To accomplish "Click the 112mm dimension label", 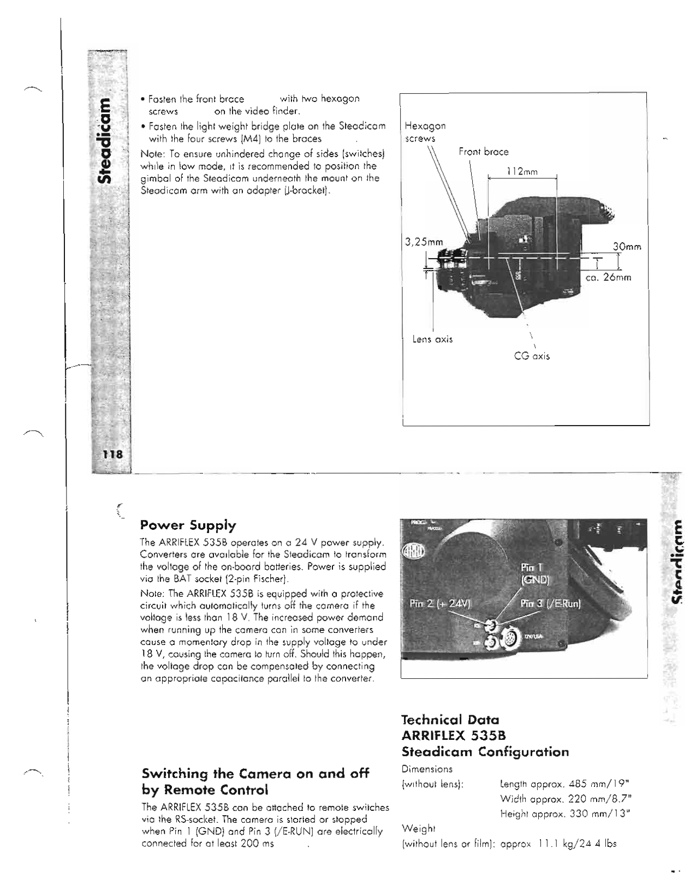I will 521,172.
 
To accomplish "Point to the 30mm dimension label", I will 626,247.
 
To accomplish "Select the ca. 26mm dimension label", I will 608,278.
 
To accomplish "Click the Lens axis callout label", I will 432,339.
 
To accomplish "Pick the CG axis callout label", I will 532,356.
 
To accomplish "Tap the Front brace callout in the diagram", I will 483,152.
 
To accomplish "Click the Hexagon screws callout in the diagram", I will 425,132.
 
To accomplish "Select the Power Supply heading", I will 188,525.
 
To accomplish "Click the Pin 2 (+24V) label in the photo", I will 441,603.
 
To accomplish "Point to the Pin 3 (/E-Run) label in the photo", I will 550,603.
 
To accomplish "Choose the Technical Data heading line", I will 450,720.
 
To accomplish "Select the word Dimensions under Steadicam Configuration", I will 427,769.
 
